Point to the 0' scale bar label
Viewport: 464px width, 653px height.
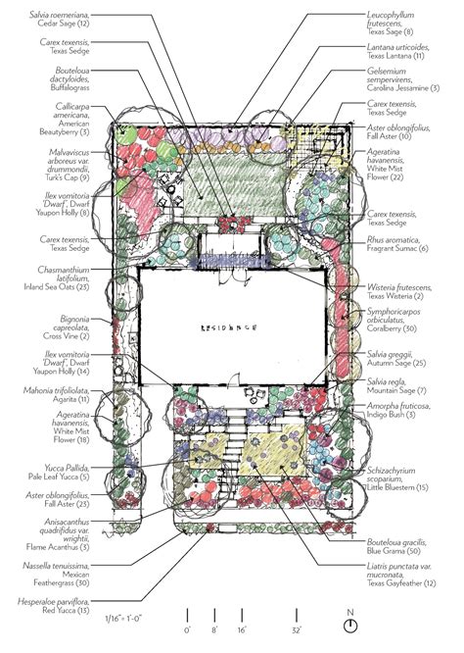[x=188, y=630]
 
